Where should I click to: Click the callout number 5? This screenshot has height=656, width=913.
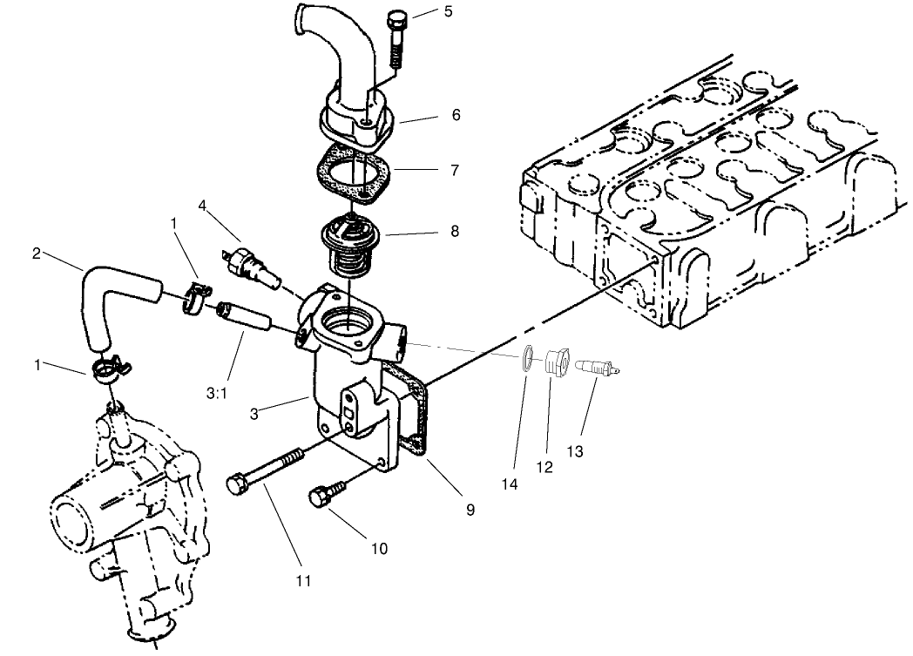448,11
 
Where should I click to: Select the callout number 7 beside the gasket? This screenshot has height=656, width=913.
454,170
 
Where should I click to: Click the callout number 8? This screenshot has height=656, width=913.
454,232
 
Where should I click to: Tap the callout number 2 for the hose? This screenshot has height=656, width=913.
36,254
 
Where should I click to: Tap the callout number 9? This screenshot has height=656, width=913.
470,511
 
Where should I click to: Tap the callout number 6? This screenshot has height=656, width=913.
455,115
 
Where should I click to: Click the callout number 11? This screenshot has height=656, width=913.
302,579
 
